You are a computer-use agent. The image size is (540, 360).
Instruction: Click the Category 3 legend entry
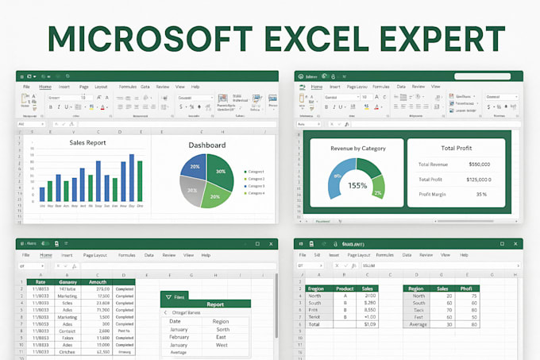click(x=254, y=186)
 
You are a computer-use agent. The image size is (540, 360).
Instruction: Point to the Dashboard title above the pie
click(x=206, y=145)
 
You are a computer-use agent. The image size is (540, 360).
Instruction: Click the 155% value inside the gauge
click(x=357, y=185)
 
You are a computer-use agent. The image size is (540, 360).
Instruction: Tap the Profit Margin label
click(x=434, y=194)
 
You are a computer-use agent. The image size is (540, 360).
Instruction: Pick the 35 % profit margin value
click(x=481, y=194)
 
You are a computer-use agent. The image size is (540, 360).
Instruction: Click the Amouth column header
click(x=97, y=282)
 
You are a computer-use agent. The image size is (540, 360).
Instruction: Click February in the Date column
click(x=180, y=336)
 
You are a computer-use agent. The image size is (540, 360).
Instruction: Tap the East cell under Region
click(x=222, y=336)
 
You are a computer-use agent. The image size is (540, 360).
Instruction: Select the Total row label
click(x=315, y=324)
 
